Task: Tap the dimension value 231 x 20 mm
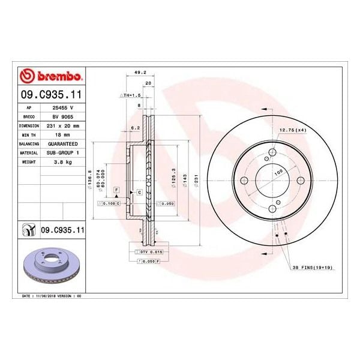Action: click(x=63, y=127)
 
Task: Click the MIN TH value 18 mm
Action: click(x=63, y=136)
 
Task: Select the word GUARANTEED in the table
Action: click(x=63, y=145)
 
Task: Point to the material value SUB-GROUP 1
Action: click(x=63, y=154)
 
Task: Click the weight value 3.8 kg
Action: click(x=63, y=163)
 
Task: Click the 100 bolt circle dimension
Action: click(x=278, y=172)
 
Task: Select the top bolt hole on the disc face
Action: click(x=272, y=154)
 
